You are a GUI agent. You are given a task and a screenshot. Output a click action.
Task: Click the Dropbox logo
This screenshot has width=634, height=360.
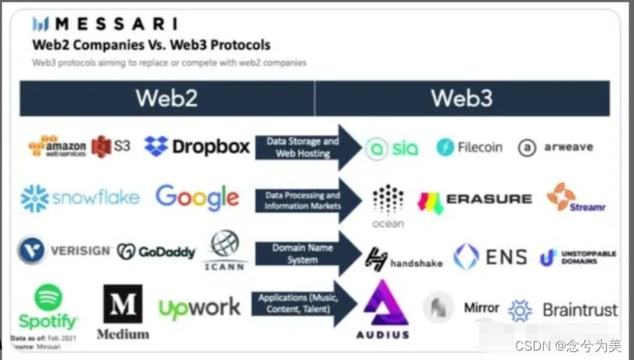197,146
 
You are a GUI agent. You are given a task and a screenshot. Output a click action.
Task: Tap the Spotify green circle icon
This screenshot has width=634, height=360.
48,297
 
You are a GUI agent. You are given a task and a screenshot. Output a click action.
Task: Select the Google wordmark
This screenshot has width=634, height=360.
197,197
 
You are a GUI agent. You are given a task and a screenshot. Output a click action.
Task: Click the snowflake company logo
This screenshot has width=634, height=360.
80,199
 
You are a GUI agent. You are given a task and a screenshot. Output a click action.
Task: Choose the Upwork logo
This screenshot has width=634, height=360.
200,308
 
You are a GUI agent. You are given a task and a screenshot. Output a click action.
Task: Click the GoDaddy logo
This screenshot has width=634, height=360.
156,251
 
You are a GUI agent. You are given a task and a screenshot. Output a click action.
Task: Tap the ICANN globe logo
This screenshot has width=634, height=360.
225,246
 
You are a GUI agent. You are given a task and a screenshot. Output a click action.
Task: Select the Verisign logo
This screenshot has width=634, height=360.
64,250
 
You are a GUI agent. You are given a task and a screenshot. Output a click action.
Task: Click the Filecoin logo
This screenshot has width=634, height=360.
470,146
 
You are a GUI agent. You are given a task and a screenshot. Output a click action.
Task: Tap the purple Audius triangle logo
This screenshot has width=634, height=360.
385,304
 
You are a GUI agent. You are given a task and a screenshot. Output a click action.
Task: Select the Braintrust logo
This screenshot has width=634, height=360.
563,311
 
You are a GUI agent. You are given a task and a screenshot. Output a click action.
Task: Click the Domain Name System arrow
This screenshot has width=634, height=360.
306,254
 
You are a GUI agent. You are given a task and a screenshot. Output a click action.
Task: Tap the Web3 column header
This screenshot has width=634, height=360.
462,98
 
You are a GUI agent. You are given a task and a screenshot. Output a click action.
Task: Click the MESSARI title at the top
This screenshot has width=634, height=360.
104,23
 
